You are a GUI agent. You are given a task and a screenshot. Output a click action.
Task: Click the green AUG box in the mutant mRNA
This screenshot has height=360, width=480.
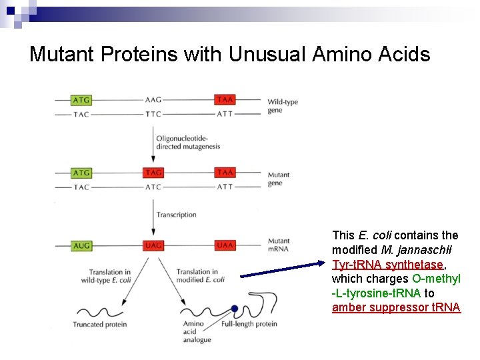81,246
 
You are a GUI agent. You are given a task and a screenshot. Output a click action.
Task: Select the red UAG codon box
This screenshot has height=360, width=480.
153,246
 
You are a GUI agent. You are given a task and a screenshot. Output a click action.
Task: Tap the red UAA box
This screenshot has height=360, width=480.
225,246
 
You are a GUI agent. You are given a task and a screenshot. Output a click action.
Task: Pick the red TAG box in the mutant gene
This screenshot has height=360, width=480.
153,173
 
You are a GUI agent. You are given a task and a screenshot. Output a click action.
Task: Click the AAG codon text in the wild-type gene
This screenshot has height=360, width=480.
153,100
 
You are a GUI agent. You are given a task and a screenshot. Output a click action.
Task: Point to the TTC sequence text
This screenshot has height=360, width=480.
153,114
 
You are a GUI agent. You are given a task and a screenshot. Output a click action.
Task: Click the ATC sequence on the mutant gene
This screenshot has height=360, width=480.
153,187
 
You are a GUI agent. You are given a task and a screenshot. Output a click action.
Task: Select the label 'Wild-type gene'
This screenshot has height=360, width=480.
282,106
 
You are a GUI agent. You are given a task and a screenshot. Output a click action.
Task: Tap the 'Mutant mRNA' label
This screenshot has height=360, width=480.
279,245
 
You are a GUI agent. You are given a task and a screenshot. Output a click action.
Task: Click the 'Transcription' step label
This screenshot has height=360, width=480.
176,215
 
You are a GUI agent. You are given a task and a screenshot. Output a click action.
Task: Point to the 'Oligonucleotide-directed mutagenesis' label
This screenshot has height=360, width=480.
187,142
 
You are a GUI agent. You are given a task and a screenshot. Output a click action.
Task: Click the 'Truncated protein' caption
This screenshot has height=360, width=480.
100,325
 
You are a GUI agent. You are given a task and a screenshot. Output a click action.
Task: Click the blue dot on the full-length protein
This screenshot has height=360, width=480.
235,308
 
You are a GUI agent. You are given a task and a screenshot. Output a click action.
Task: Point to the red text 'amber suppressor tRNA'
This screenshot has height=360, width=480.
396,307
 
